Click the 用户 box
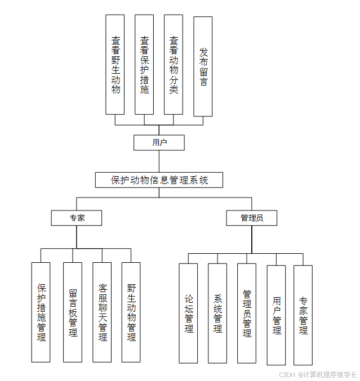point(159,142)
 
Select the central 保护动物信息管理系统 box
point(159,180)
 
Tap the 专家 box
point(77,218)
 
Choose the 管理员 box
point(251,218)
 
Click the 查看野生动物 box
point(115,65)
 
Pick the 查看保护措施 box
point(144,65)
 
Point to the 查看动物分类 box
point(174,65)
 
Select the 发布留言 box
point(203,66)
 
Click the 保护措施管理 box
point(41,312)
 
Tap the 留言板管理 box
point(73,312)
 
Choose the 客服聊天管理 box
point(102,312)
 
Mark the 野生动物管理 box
point(131,312)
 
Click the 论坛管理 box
point(188,313)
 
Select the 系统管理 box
point(217,313)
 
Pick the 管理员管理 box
point(247,313)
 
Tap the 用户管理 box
point(276,315)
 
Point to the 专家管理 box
point(303,315)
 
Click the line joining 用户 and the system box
point(159,161)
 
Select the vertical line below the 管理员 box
point(252,239)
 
